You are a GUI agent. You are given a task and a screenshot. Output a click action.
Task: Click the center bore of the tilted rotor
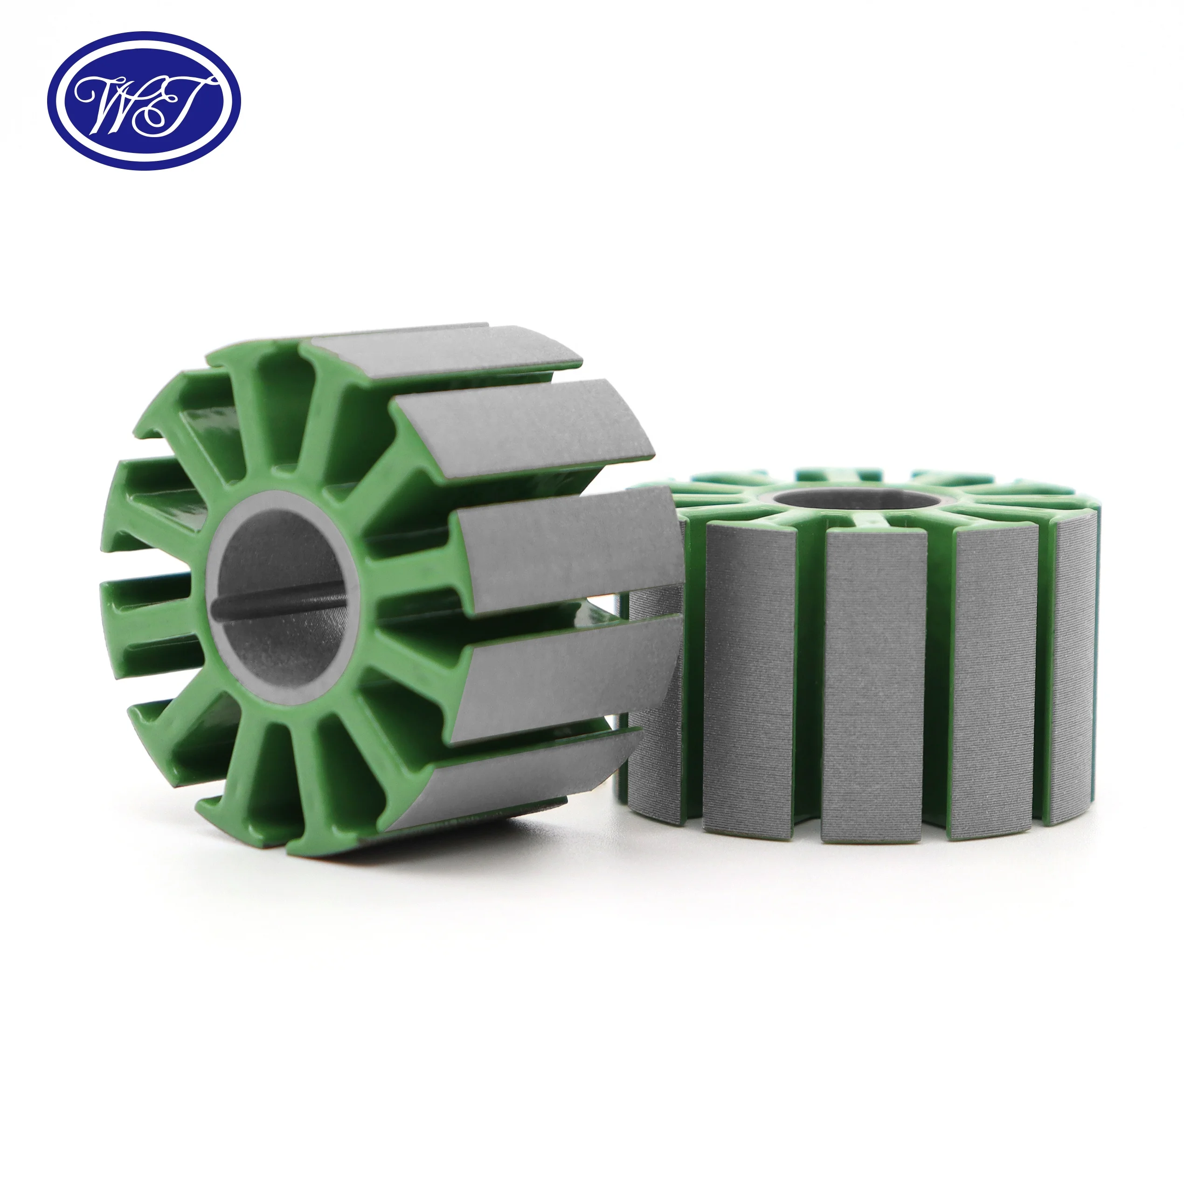[x=282, y=597]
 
